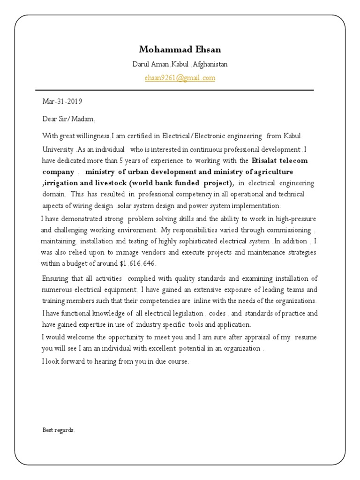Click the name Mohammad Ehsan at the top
(180, 50)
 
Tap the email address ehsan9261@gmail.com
(180, 78)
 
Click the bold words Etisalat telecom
(280, 161)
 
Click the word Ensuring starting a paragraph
(55, 278)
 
